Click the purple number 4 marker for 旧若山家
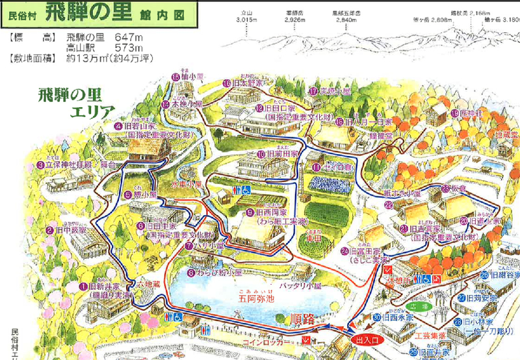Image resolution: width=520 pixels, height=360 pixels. (118, 127)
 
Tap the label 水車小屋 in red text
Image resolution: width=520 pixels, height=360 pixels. (188, 183)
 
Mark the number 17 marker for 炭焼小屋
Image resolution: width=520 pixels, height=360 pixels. (313, 91)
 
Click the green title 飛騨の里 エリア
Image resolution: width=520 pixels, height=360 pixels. (68, 101)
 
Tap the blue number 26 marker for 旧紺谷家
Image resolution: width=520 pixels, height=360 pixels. (484, 275)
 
